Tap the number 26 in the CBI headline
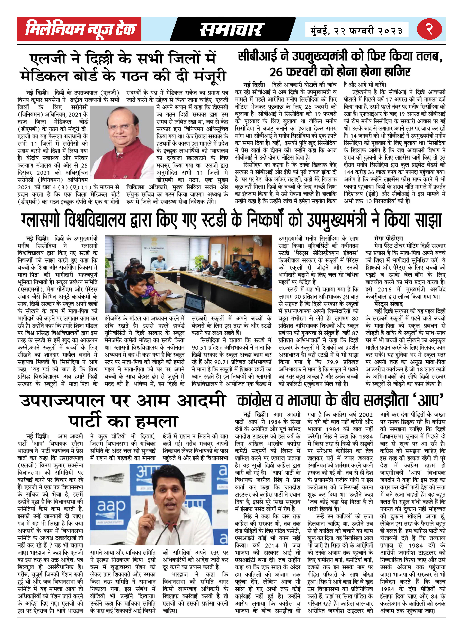coord(276,72)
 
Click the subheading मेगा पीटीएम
coord(389,238)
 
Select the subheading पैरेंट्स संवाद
coord(389,304)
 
